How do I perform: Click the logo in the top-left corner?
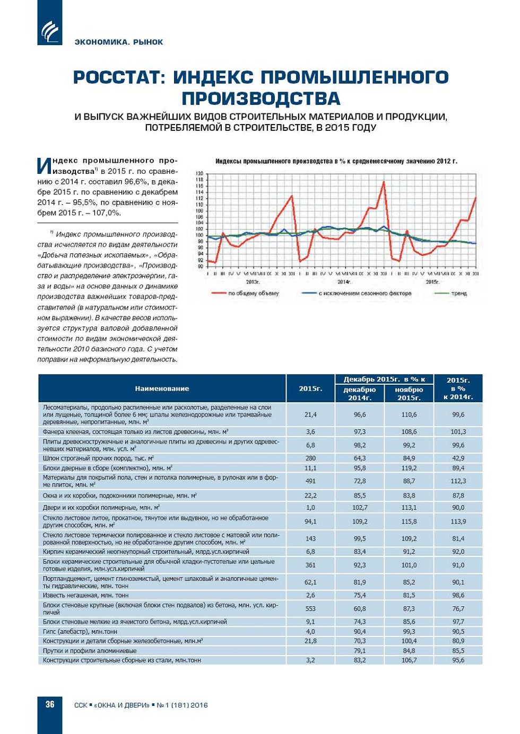(x=49, y=31)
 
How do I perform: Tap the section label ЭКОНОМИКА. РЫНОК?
(x=119, y=42)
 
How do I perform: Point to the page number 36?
(x=50, y=704)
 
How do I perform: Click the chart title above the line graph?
(x=336, y=161)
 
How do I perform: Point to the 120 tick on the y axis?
(x=200, y=174)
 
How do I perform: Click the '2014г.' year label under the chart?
(x=343, y=282)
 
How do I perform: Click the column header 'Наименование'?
(x=162, y=388)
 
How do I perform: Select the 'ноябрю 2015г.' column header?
(x=409, y=393)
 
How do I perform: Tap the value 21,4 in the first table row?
(x=310, y=414)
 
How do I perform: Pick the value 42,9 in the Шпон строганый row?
(x=458, y=458)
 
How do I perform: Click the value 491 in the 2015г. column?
(x=310, y=481)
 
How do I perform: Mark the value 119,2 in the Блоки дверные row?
(x=409, y=468)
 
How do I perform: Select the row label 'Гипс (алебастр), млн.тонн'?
(x=80, y=631)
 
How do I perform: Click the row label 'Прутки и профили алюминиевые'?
(x=90, y=651)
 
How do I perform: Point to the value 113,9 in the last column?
(x=458, y=521)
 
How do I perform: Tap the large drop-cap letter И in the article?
(x=45, y=166)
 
